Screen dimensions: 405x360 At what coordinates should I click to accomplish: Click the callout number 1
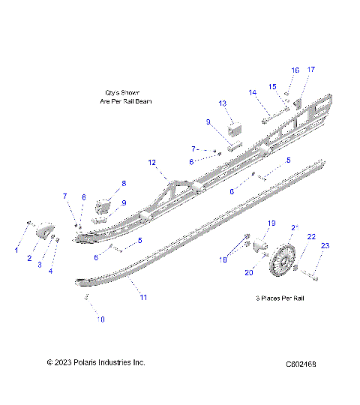[16, 250]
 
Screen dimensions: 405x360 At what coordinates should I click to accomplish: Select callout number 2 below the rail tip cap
[29, 259]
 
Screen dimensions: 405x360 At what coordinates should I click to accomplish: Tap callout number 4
[51, 271]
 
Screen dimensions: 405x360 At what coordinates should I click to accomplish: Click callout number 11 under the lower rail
[142, 298]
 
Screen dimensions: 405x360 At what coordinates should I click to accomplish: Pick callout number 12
[151, 162]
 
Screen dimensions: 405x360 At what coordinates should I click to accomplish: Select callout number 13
[222, 103]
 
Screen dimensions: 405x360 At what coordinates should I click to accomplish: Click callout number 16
[295, 70]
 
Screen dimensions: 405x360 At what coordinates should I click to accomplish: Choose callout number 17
[311, 70]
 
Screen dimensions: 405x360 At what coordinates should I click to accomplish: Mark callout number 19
[272, 223]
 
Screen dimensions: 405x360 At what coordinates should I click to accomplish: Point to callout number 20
[248, 273]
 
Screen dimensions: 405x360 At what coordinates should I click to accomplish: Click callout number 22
[311, 237]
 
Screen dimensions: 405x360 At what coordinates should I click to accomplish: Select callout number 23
[325, 246]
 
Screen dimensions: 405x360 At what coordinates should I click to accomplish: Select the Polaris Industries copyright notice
[95, 363]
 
